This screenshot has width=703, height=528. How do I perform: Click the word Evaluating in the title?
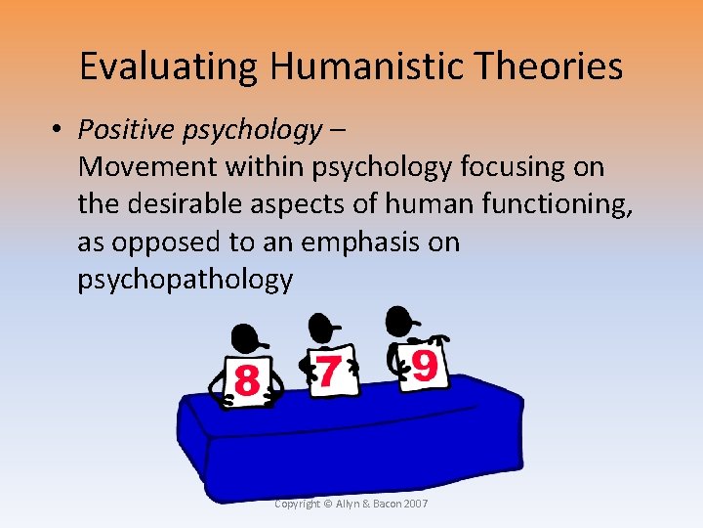(x=166, y=66)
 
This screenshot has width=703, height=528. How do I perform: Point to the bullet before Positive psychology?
(x=61, y=130)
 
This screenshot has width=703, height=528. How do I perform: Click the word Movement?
(x=147, y=166)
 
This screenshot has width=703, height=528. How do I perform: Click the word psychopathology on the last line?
(x=185, y=281)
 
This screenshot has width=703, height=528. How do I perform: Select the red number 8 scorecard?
(x=247, y=380)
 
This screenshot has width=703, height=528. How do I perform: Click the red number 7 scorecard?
(x=330, y=372)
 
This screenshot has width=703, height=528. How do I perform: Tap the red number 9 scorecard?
(x=423, y=365)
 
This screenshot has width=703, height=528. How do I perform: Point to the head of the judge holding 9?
(x=398, y=320)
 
